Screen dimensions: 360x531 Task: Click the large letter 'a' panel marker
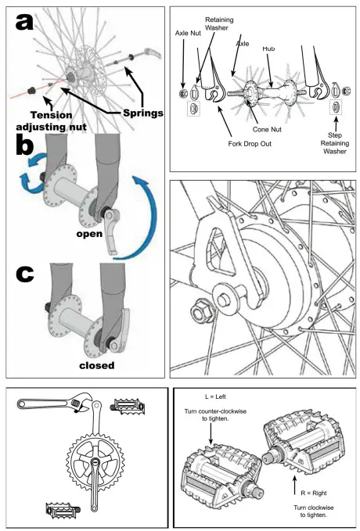24,22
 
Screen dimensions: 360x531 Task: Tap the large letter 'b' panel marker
25,145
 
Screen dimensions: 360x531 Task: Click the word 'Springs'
143,113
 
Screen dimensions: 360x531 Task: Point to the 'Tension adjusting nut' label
51,121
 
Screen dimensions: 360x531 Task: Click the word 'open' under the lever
89,234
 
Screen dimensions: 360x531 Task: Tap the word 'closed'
97,365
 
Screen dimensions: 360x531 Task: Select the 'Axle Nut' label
188,33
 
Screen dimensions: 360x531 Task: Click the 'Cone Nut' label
267,129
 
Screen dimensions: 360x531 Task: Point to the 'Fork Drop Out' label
250,144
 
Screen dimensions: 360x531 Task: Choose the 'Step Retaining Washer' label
335,143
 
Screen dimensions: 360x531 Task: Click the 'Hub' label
268,48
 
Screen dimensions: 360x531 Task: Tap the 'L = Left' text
215,396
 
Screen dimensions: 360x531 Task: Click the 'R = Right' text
314,493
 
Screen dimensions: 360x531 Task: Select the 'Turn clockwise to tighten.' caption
314,511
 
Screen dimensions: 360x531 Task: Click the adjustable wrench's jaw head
81,402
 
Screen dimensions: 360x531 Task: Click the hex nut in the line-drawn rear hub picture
203,310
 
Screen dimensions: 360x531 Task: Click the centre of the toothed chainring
95,461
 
